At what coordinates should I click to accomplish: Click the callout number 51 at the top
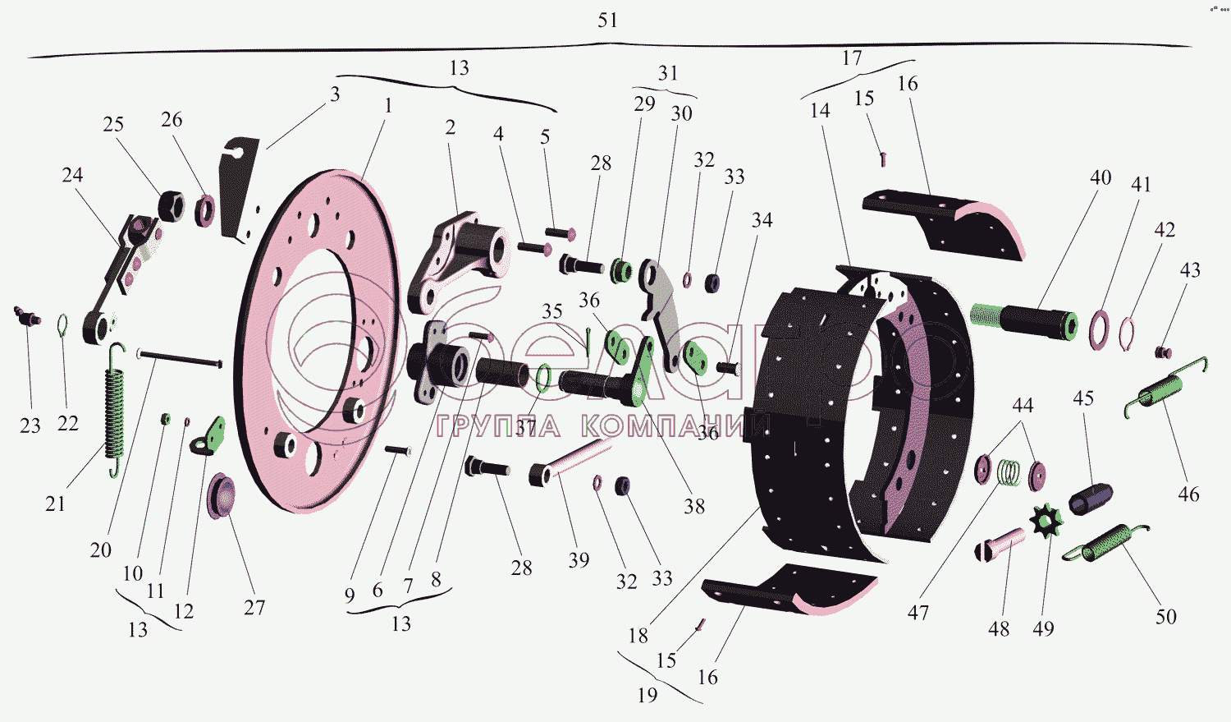607,21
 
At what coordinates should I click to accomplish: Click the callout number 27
254,608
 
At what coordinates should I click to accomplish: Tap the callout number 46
1188,494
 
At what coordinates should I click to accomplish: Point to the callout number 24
72,175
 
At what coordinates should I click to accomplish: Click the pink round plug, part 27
222,495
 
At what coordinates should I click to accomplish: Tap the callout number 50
1165,617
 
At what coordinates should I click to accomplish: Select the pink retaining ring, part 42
1128,332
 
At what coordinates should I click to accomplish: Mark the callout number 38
694,507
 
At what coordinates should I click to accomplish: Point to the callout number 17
852,58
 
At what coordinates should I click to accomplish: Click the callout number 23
30,425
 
